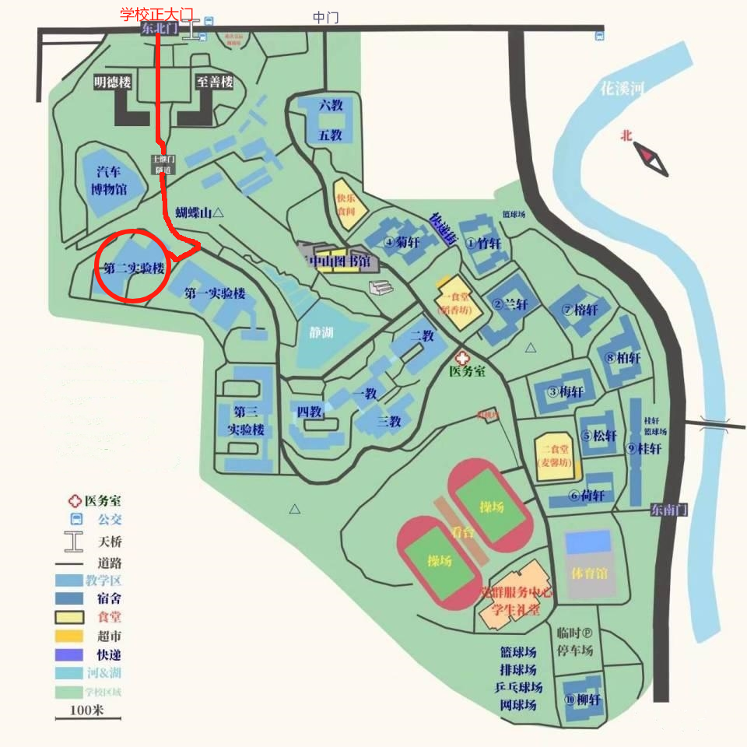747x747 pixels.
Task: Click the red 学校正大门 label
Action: (x=156, y=15)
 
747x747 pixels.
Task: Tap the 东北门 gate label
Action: (x=160, y=29)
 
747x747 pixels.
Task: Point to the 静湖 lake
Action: (x=321, y=333)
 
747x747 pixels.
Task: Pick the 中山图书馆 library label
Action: (x=339, y=261)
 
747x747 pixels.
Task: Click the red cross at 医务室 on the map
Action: (x=463, y=357)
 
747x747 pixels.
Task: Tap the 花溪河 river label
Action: (x=622, y=88)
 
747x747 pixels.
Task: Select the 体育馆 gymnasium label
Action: (x=589, y=573)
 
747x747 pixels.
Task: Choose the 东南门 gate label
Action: (x=669, y=510)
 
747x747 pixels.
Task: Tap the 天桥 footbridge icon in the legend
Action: (x=74, y=541)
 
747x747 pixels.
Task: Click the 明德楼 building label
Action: (x=113, y=81)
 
